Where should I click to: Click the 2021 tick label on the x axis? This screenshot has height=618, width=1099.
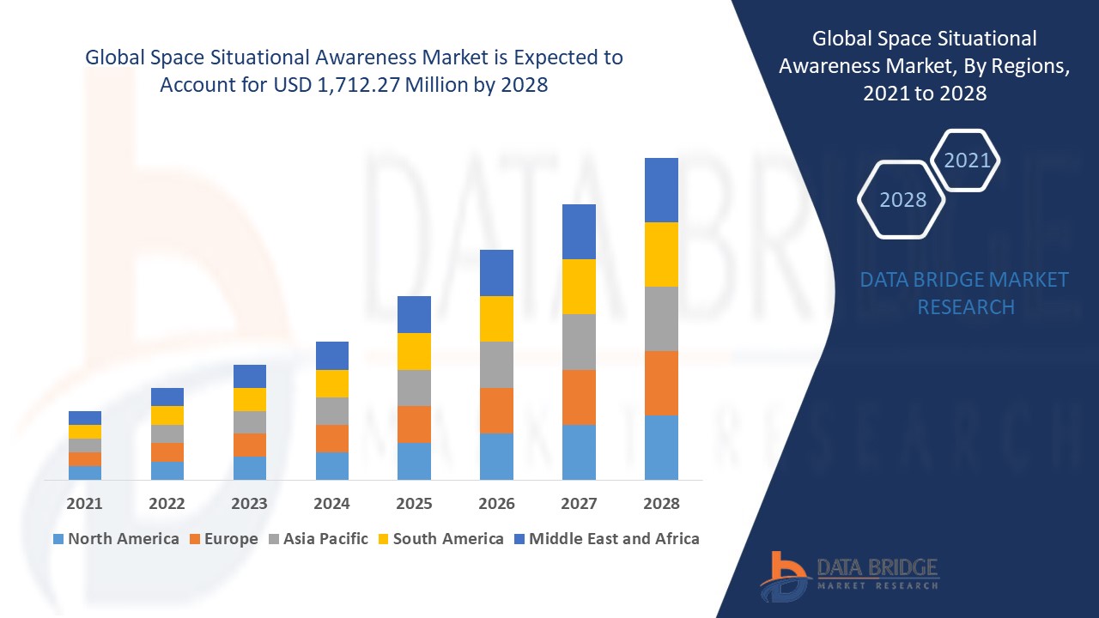(84, 504)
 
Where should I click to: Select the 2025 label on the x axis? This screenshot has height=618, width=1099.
(414, 504)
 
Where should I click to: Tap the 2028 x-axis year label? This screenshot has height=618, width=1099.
(661, 504)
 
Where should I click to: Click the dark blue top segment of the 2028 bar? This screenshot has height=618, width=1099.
(661, 190)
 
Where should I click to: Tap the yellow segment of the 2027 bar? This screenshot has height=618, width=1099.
(579, 287)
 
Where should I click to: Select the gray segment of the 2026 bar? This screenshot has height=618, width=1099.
(496, 365)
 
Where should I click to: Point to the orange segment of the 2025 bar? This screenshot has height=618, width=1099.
(414, 424)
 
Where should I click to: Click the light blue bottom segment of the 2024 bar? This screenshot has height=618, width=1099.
(332, 465)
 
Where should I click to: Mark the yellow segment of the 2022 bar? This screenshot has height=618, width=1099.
(167, 415)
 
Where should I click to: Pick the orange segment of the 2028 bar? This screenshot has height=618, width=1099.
(661, 383)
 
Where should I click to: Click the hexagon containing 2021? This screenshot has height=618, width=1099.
(967, 161)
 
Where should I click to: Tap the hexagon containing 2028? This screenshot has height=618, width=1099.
(902, 199)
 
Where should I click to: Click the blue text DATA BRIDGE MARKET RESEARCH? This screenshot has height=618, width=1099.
(964, 293)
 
